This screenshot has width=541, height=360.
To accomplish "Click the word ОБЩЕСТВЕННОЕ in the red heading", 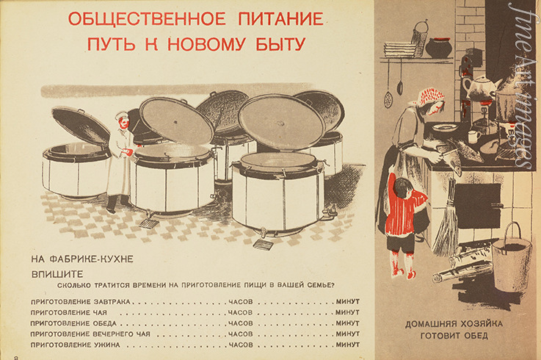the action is [x=147, y=18].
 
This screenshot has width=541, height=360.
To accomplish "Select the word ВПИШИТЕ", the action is [x=57, y=274].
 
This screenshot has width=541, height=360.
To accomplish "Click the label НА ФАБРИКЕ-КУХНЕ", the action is [x=82, y=259].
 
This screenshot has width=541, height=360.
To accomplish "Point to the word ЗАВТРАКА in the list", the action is [x=112, y=302].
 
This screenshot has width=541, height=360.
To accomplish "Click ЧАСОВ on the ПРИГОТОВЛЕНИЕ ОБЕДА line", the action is [x=241, y=323].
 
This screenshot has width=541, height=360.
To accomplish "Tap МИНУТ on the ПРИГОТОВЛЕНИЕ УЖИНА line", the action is [x=348, y=345].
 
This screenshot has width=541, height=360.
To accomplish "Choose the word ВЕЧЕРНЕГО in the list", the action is [x=121, y=334].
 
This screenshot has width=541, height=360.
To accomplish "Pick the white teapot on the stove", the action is [x=481, y=87].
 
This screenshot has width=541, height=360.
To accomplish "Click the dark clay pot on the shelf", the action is [x=438, y=48].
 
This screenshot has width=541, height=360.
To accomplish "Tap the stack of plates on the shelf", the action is [x=401, y=50].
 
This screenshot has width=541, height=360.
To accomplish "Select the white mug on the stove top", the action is [x=474, y=137].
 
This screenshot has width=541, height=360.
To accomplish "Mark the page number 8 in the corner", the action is [x=16, y=357].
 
